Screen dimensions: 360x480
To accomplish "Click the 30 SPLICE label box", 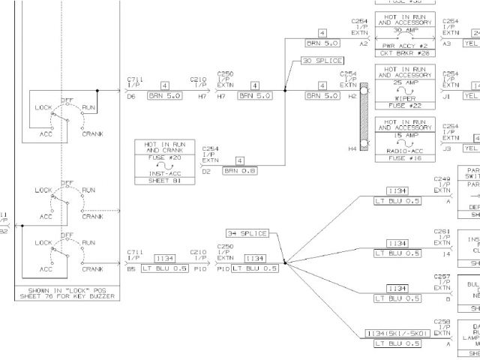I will [x=322, y=61].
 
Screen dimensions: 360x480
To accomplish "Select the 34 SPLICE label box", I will [x=247, y=233].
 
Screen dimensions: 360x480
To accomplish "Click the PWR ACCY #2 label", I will [x=404, y=45].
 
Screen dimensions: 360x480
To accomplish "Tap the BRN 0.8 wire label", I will [x=239, y=171].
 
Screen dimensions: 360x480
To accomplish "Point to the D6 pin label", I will [x=131, y=97].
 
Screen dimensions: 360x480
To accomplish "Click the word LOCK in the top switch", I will [x=43, y=107].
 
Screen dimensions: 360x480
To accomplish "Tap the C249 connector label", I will [x=442, y=180].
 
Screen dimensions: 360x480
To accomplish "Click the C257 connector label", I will [x=442, y=277].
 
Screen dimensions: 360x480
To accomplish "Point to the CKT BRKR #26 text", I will [x=404, y=53].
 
